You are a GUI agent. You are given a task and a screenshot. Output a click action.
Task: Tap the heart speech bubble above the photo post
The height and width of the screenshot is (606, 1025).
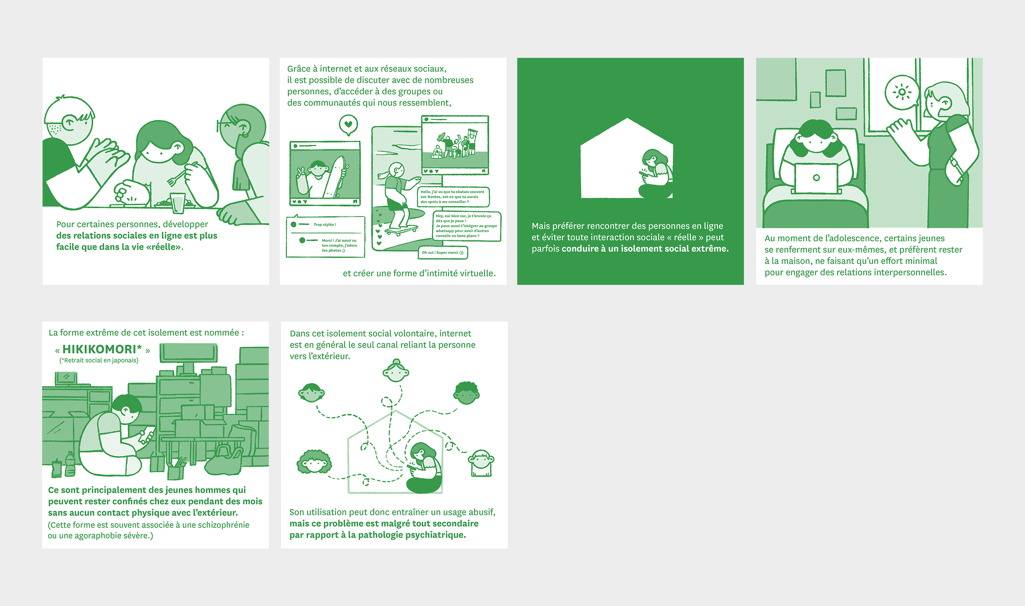point(348,125)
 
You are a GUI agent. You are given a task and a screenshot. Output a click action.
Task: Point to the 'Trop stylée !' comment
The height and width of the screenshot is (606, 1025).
point(325,225)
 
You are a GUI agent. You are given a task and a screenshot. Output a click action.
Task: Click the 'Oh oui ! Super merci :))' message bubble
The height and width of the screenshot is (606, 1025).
point(443,253)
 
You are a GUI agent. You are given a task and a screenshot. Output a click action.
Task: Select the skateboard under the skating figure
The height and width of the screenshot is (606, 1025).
point(402,230)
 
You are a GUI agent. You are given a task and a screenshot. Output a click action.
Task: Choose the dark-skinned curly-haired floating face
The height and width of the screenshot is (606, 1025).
point(466,393)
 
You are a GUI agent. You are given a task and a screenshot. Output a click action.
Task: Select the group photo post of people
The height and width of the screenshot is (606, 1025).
point(455,145)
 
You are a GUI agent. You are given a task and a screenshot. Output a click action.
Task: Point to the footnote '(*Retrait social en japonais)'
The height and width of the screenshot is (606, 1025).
point(99,360)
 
